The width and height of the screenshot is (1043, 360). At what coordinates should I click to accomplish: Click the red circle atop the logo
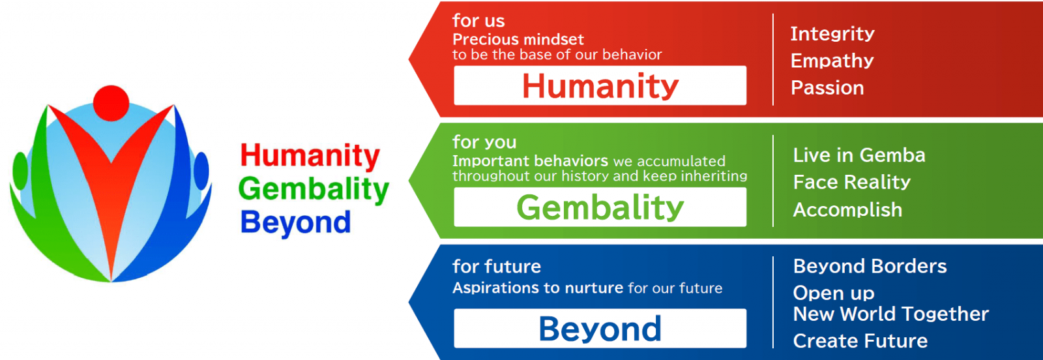tap(111, 103)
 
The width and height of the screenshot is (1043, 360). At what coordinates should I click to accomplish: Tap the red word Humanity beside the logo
tap(310, 156)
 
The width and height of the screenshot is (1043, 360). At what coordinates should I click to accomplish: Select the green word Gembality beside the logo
tap(314, 190)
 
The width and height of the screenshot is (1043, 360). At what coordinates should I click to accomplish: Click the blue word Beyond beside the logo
tap(296, 222)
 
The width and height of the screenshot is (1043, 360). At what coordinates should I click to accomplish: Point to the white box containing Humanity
tap(600, 85)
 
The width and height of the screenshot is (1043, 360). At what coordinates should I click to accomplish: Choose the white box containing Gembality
tap(600, 207)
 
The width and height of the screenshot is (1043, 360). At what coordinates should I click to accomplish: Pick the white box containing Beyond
tap(600, 328)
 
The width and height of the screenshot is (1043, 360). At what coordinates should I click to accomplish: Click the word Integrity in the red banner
tap(832, 34)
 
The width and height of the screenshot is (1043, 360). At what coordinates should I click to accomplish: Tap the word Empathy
tap(832, 61)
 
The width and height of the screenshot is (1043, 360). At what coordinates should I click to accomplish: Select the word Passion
tap(827, 87)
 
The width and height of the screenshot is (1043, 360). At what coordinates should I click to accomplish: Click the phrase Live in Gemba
tap(859, 155)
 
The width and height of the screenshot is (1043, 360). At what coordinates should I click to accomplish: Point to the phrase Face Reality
tap(851, 182)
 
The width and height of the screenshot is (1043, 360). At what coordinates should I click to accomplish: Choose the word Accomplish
tap(847, 210)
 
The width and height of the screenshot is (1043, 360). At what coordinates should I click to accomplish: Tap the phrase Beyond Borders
tap(870, 266)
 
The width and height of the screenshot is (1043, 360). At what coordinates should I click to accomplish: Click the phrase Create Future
tap(860, 341)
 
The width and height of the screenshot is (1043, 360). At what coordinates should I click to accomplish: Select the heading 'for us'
tap(478, 20)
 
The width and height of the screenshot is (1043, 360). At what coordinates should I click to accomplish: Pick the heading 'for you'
tap(485, 142)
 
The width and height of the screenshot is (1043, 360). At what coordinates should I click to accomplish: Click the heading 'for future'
tap(497, 266)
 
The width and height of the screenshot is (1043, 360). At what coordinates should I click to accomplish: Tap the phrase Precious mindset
tap(518, 39)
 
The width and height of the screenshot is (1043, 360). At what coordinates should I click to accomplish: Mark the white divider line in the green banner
tap(773, 181)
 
